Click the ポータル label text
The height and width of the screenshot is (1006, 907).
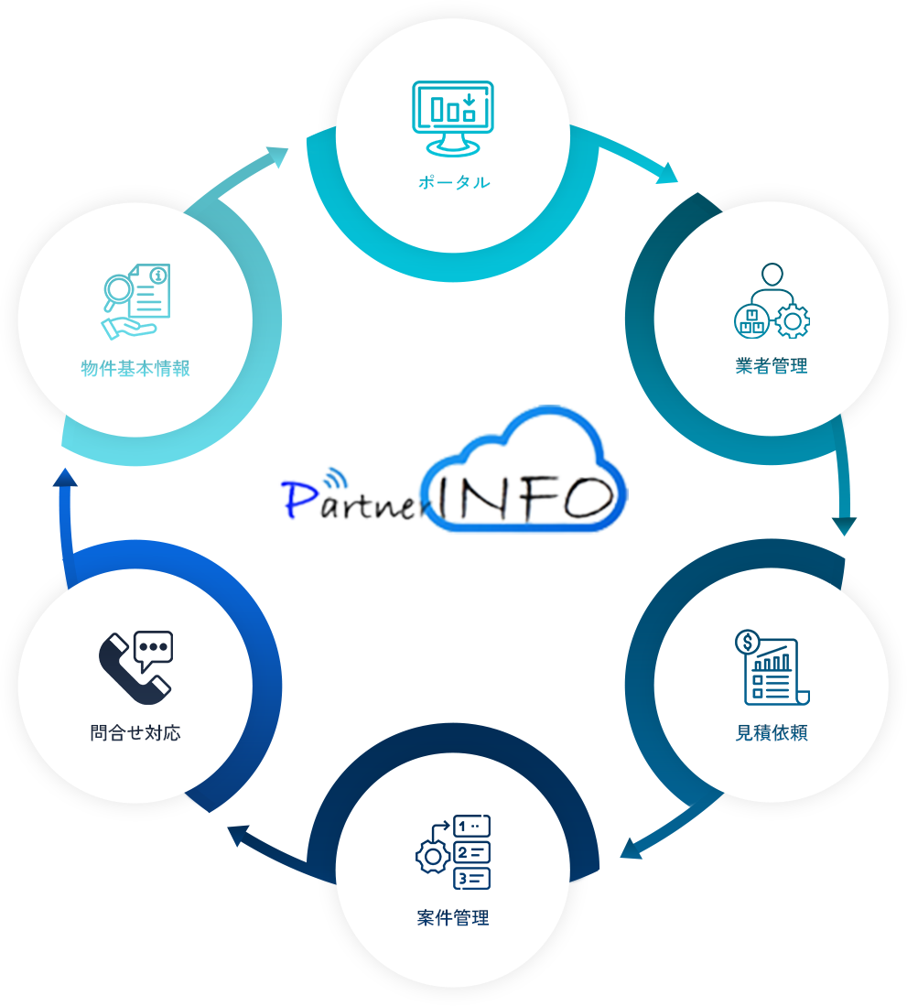454,182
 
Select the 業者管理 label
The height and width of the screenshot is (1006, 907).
772,366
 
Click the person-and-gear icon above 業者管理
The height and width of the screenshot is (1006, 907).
772,301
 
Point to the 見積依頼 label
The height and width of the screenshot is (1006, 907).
772,733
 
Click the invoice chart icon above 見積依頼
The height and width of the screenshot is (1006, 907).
772,667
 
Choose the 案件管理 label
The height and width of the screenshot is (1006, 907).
453,917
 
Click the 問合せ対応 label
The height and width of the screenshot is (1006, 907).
135,733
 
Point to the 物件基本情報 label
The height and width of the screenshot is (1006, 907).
135,368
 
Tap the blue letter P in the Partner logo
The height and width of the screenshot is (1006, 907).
298,500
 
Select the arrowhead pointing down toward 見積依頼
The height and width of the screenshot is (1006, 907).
844,525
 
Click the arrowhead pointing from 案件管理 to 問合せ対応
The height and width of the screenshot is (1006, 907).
240,835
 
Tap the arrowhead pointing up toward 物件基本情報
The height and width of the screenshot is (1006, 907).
66,481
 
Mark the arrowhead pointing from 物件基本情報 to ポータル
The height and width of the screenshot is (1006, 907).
277,157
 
